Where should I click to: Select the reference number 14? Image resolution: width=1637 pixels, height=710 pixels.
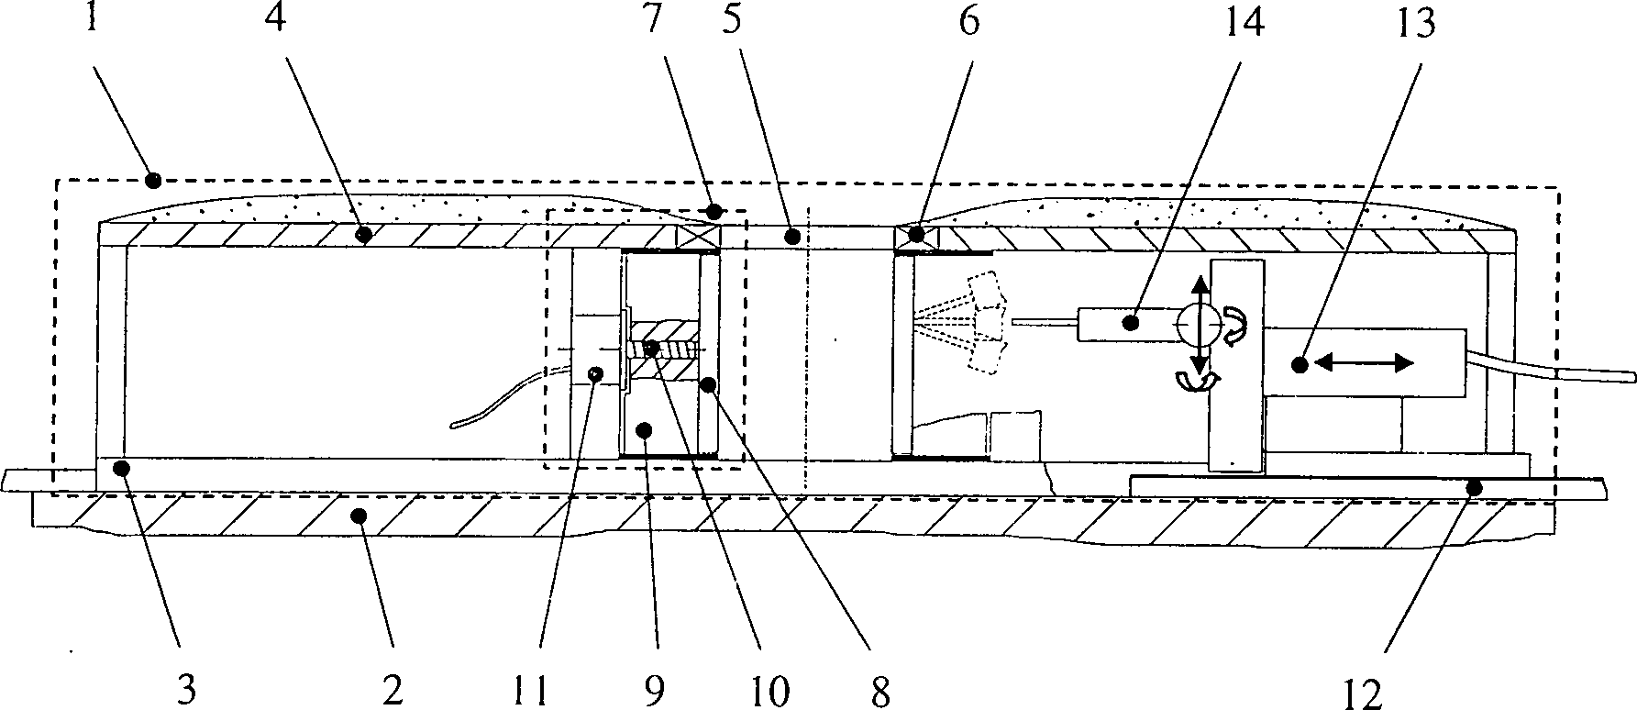coord(1244,20)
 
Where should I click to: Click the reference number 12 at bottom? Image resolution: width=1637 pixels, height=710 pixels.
coord(1366,694)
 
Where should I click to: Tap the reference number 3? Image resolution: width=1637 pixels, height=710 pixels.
coord(186,690)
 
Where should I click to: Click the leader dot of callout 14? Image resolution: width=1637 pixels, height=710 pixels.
coord(1131,322)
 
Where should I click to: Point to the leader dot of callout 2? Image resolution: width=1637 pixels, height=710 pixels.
coord(359,516)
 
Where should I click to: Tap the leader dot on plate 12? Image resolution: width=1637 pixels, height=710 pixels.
coord(1474,489)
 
